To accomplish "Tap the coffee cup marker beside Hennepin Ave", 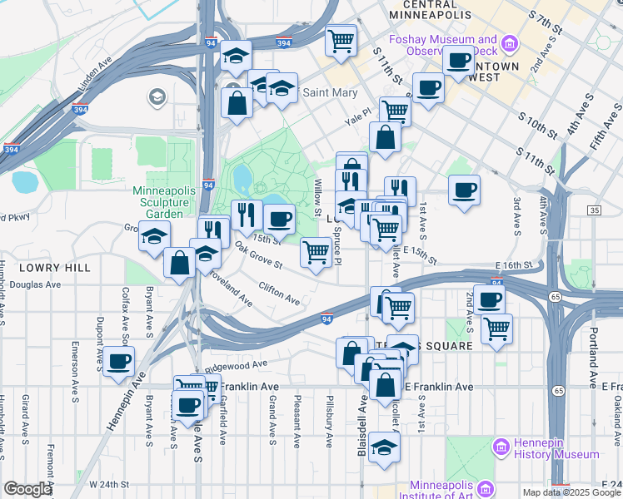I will click(119, 360).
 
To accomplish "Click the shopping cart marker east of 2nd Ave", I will click(496, 328).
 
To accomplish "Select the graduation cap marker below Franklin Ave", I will click(384, 447).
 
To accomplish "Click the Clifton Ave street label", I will click(279, 293).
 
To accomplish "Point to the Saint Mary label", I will click(329, 92).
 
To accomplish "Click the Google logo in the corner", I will click(27, 489).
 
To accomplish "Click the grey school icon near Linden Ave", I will click(156, 98).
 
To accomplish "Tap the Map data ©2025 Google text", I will click(571, 492).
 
